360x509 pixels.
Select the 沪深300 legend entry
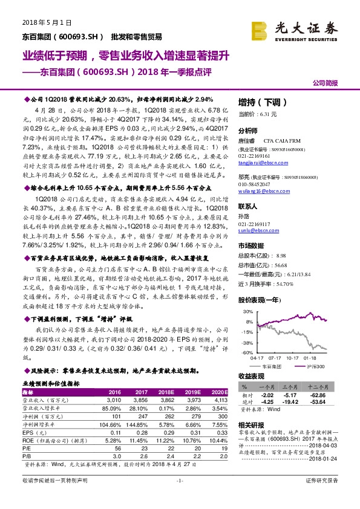click(x=313, y=366)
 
